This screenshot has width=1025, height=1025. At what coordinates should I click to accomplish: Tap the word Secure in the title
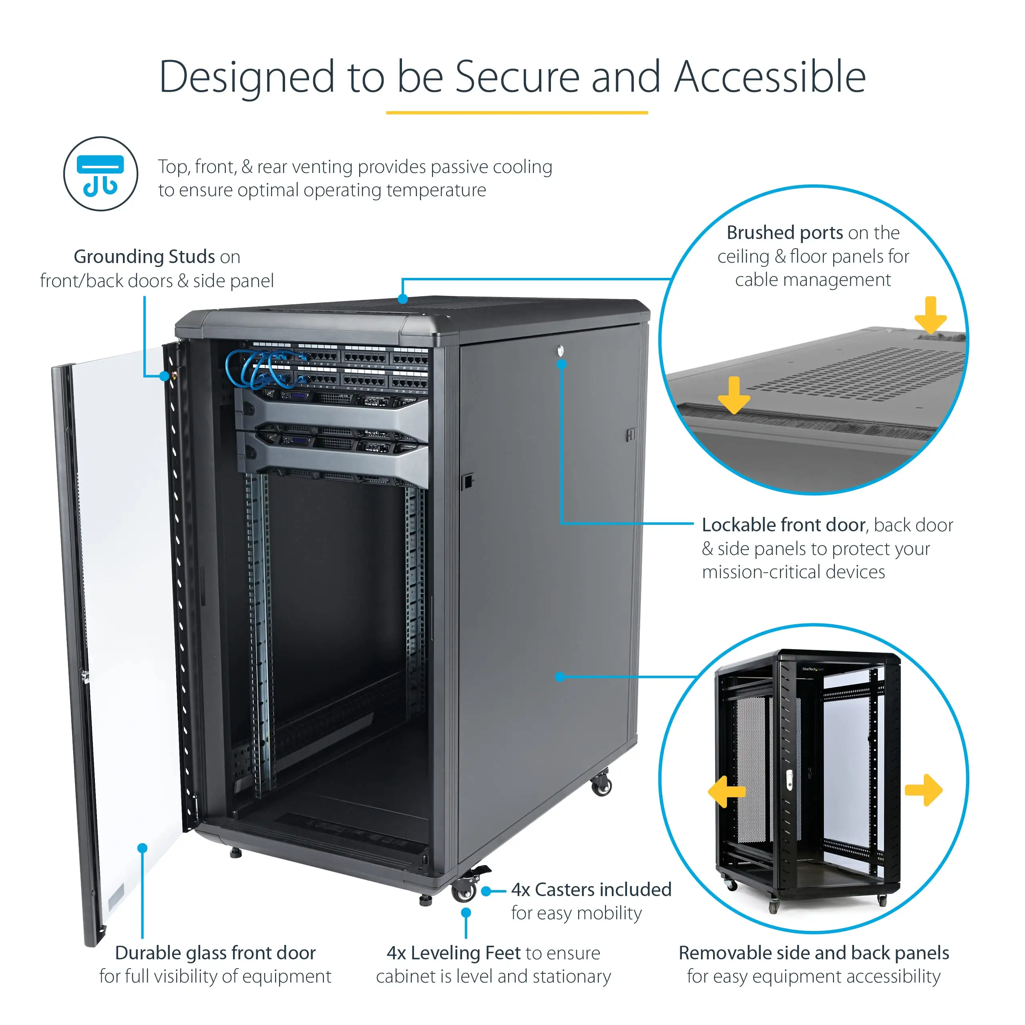(517, 77)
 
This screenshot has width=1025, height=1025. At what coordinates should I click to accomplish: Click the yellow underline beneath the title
(517, 113)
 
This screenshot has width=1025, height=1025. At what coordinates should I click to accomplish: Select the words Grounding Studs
(144, 257)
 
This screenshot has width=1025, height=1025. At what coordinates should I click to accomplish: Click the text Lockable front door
(783, 525)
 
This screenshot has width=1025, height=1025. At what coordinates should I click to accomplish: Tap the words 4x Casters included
(591, 890)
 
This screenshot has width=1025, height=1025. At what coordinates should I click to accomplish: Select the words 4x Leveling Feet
(454, 953)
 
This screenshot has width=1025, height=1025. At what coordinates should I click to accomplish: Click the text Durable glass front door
(215, 953)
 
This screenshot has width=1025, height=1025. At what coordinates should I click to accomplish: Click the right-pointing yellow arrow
(924, 790)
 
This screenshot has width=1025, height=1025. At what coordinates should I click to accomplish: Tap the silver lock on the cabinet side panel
(561, 350)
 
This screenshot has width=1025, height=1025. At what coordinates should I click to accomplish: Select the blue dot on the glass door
(142, 848)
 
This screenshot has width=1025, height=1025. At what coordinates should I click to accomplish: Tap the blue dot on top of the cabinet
(403, 299)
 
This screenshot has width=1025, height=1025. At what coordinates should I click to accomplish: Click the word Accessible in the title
(770, 77)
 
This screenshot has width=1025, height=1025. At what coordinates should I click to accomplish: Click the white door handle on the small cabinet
(789, 780)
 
